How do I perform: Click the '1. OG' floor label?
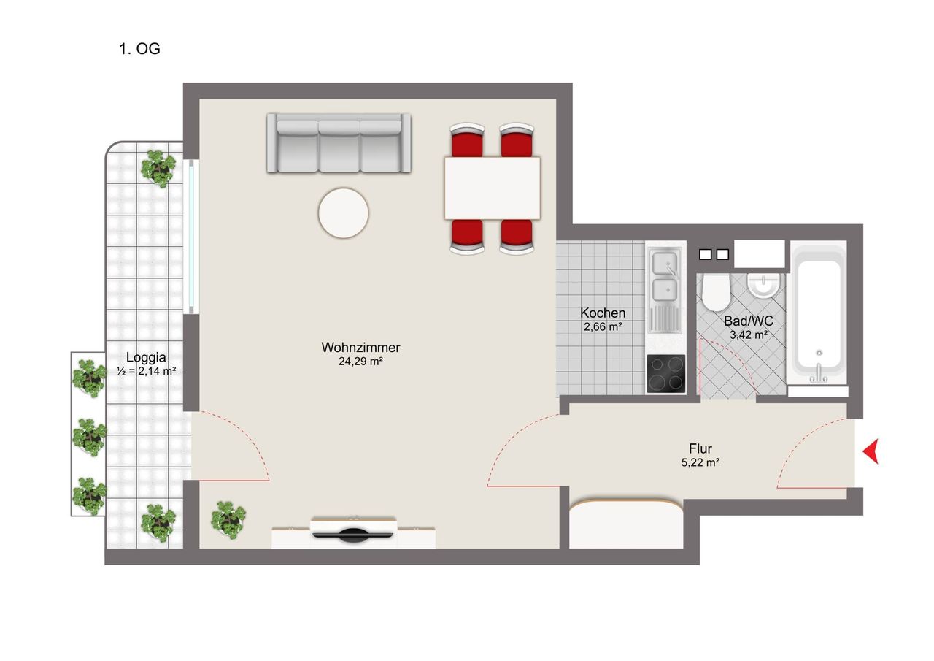click(139, 50)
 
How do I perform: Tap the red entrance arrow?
click(871, 451)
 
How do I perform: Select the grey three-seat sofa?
click(339, 143)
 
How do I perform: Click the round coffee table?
click(343, 213)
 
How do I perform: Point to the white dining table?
click(493, 188)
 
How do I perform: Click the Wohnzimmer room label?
click(360, 348)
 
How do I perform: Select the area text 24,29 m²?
click(360, 361)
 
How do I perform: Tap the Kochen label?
click(603, 313)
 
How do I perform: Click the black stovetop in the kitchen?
click(665, 374)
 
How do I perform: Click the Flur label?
click(700, 448)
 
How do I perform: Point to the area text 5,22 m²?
click(700, 462)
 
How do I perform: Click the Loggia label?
click(146, 358)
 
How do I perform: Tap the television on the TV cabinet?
click(354, 532)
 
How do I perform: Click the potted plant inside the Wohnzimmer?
click(228, 519)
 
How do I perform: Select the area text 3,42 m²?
click(749, 335)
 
